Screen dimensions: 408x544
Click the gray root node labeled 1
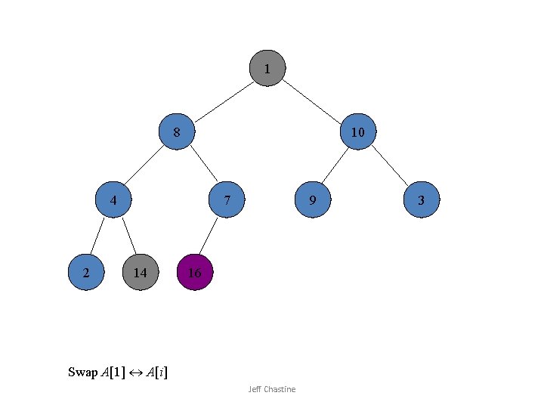click(267, 69)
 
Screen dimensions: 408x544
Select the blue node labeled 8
click(177, 132)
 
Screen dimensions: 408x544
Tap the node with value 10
click(358, 132)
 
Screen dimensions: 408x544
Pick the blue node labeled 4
click(113, 200)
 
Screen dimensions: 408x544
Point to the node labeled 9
click(312, 200)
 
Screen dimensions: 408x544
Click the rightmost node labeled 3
click(421, 200)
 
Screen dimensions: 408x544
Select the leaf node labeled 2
click(86, 272)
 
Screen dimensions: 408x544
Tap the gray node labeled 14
click(140, 272)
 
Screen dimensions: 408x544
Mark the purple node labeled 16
click(194, 273)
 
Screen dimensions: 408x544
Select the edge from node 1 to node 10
click(311, 99)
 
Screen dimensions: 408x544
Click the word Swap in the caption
click(82, 372)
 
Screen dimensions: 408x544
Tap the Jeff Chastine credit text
click(272, 389)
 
